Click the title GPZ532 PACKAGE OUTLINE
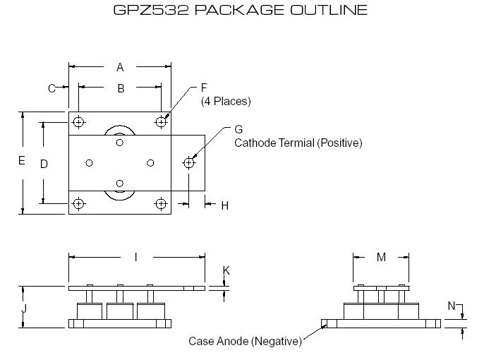click(240, 11)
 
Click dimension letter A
click(120, 67)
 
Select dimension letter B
click(121, 88)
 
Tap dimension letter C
click(52, 88)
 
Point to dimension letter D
click(44, 164)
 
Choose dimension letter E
click(22, 161)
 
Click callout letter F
click(204, 88)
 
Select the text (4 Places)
click(226, 101)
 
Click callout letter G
click(238, 129)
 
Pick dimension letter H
click(225, 205)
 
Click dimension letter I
click(135, 258)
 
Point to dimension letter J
click(24, 308)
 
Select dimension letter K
click(226, 271)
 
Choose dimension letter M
click(381, 258)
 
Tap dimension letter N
click(451, 306)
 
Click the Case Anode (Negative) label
click(245, 342)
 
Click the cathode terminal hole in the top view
click(188, 163)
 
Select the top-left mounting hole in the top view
click(78, 122)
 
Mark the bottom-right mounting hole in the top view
click(162, 204)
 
